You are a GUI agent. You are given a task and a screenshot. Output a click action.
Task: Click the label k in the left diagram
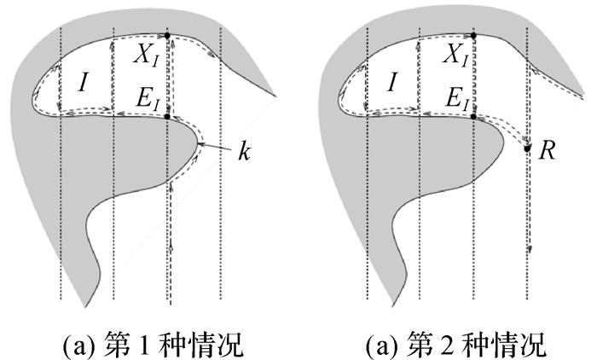click(248, 157)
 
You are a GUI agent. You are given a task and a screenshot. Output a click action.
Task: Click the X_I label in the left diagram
click(146, 57)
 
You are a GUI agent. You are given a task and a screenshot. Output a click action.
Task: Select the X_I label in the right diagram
click(453, 57)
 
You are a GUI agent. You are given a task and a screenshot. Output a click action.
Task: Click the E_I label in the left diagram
click(146, 101)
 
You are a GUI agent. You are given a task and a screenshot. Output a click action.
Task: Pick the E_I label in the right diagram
click(453, 101)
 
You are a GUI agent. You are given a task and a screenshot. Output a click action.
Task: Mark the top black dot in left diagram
click(167, 34)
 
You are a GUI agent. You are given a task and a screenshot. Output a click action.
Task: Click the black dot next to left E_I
click(167, 116)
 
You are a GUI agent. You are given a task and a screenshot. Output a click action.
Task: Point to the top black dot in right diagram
click(474, 34)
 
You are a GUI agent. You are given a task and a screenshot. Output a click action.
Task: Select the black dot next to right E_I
click(474, 116)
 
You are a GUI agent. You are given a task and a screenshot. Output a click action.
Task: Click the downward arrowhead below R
click(530, 249)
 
